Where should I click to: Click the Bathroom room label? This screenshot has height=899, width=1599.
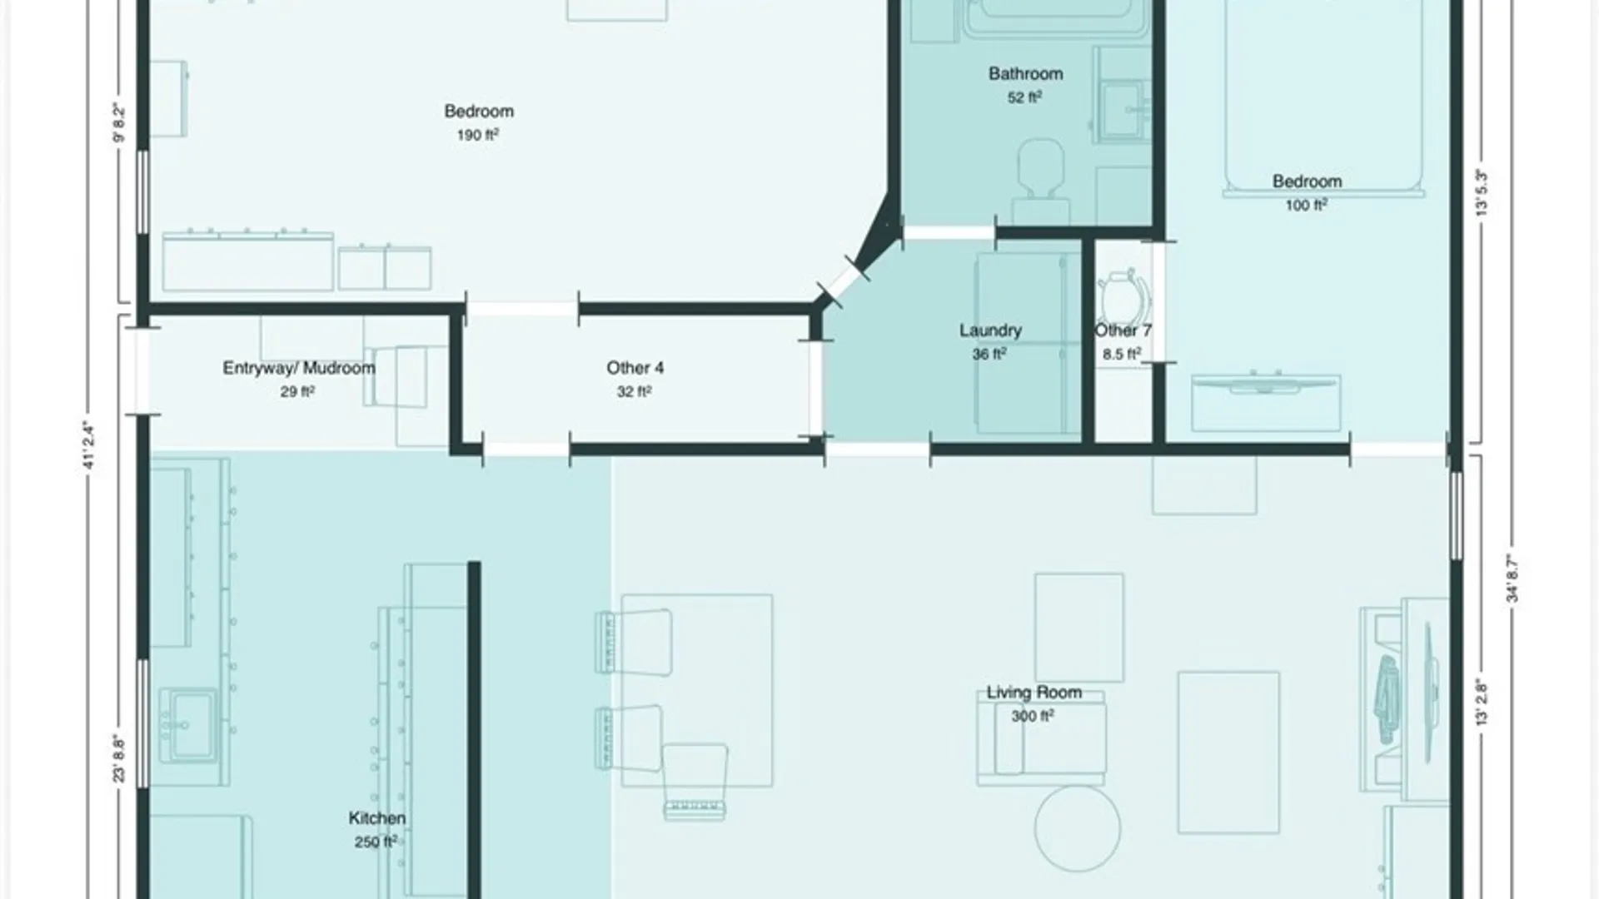(1025, 73)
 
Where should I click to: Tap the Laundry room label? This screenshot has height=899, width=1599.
(990, 330)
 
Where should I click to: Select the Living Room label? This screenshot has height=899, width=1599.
(1034, 692)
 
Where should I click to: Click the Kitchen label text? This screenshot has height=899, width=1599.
(377, 818)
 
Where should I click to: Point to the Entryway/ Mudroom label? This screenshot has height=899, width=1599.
(299, 368)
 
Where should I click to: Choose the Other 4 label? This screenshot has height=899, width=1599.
(635, 368)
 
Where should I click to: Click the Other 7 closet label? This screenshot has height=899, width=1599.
(1123, 330)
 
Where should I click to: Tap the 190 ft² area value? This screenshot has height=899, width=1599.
(478, 135)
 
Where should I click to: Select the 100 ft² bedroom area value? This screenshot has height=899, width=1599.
(1307, 205)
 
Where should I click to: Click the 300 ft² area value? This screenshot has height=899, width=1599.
(1033, 716)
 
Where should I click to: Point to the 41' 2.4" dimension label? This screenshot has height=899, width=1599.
(90, 447)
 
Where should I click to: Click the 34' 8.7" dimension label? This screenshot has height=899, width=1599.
(1513, 579)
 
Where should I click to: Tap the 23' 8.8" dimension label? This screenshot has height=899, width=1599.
(120, 759)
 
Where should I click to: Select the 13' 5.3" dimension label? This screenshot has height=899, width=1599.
(1482, 193)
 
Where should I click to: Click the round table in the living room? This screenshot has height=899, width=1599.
(1078, 828)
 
